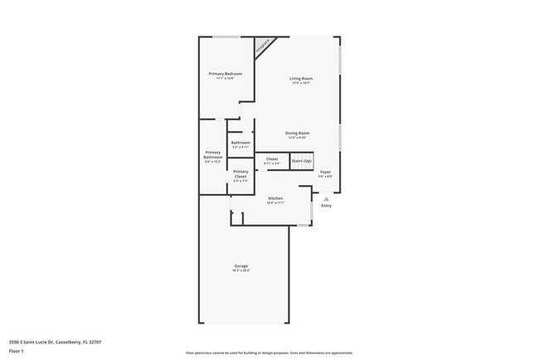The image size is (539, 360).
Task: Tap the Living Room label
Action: pyautogui.click(x=299, y=78)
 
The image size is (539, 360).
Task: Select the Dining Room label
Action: pyautogui.click(x=297, y=133)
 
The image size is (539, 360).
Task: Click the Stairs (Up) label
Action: pyautogui.click(x=301, y=160)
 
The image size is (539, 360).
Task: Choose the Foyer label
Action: pyautogui.click(x=325, y=172)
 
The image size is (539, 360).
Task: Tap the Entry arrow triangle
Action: pyautogui.click(x=326, y=199)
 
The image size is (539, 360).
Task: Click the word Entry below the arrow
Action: pyautogui.click(x=326, y=207)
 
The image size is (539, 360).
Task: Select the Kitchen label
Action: pyautogui.click(x=275, y=198)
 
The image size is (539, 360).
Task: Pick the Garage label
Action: pyautogui.click(x=240, y=266)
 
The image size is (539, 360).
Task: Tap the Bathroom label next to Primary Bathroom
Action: pyautogui.click(x=240, y=143)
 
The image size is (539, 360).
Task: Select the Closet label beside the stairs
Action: pyautogui.click(x=272, y=159)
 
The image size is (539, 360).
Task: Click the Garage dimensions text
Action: pyautogui.click(x=240, y=271)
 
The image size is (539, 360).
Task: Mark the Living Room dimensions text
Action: pyautogui.click(x=299, y=83)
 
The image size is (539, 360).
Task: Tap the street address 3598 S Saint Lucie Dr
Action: pyautogui.click(x=31, y=341)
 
